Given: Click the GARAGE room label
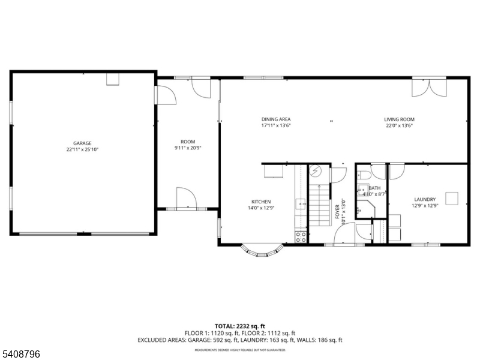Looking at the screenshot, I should tap(82, 143).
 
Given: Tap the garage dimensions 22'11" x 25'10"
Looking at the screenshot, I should tap(82, 149).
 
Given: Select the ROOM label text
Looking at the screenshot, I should tap(188, 142).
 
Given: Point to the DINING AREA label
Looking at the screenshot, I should tap(276, 119).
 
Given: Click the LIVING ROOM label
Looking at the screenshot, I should tap(399, 119).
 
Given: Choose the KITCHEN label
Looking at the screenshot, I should tap(261, 202).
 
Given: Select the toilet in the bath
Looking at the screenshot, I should tap(364, 176).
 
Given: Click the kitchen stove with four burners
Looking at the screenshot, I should tap(301, 236).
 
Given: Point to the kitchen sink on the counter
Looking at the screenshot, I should tap(301, 204).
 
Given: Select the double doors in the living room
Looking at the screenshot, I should tap(429, 87).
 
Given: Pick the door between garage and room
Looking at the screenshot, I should tap(163, 95).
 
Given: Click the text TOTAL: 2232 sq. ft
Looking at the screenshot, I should tap(240, 326).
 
